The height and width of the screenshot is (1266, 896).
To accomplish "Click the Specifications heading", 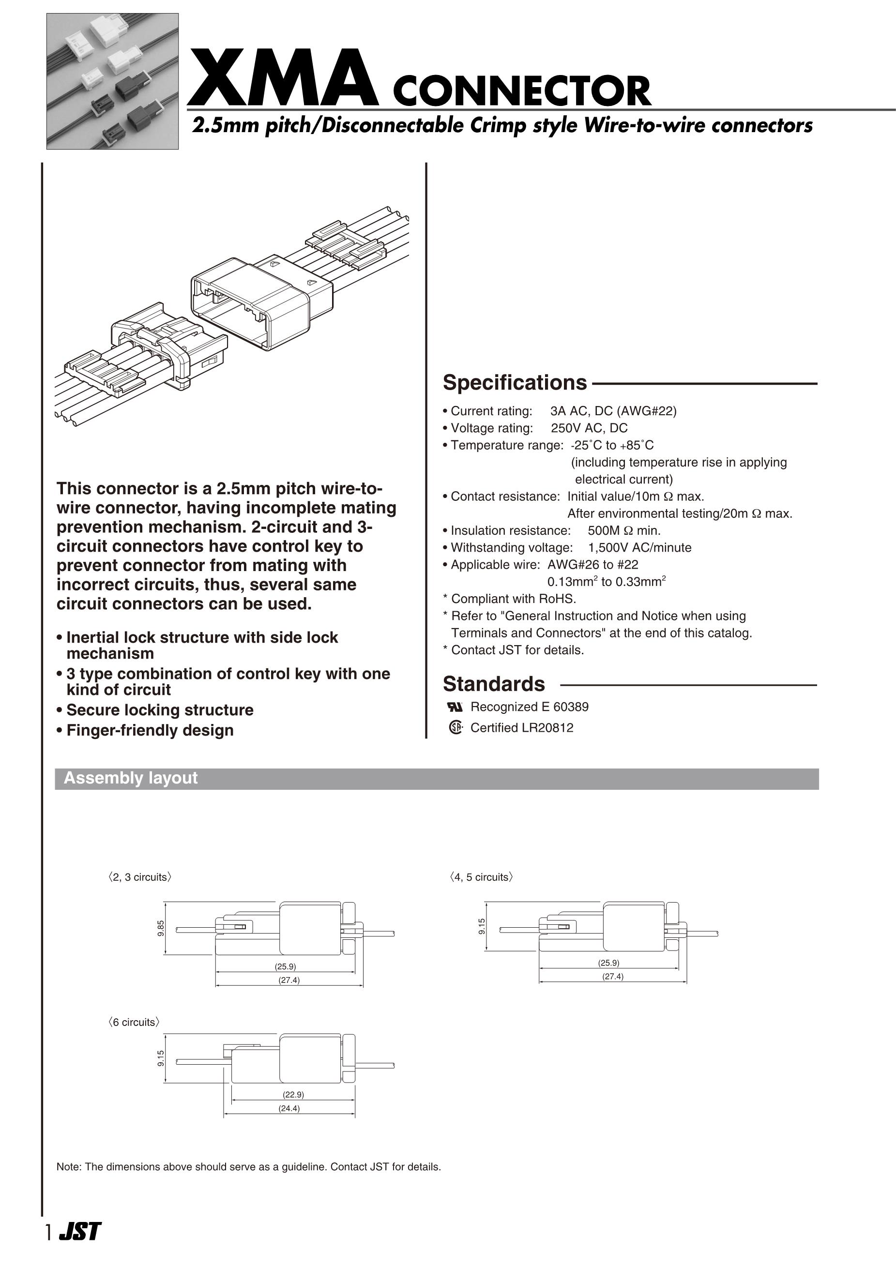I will point(515,383).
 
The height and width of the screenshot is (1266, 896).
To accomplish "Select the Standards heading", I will point(494,684).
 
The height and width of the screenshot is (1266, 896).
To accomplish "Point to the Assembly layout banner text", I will point(131,778).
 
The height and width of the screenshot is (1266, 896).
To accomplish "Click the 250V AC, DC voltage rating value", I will point(589,428).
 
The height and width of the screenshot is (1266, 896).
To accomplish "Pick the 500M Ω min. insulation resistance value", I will point(624,531).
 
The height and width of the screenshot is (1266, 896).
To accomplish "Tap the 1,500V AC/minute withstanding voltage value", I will point(639,548).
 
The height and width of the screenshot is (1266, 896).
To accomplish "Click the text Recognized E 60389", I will point(529,707).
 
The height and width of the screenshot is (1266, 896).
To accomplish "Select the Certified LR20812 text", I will point(521,728).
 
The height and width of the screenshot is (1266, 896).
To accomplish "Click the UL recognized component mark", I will point(454,707).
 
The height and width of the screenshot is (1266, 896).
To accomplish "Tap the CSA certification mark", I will point(455,728).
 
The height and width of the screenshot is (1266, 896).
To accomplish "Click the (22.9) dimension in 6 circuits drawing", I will point(293,1095).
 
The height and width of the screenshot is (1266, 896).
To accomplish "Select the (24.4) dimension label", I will point(289,1108).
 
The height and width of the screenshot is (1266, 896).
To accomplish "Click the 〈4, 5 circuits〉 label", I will point(482,877).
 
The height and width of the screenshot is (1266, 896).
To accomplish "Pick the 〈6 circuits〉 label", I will point(135,1022).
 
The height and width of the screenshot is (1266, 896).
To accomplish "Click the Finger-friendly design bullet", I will point(150,730).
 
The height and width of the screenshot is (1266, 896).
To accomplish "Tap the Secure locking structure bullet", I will point(159,710).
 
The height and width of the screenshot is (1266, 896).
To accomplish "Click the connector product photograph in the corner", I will point(113,81).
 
